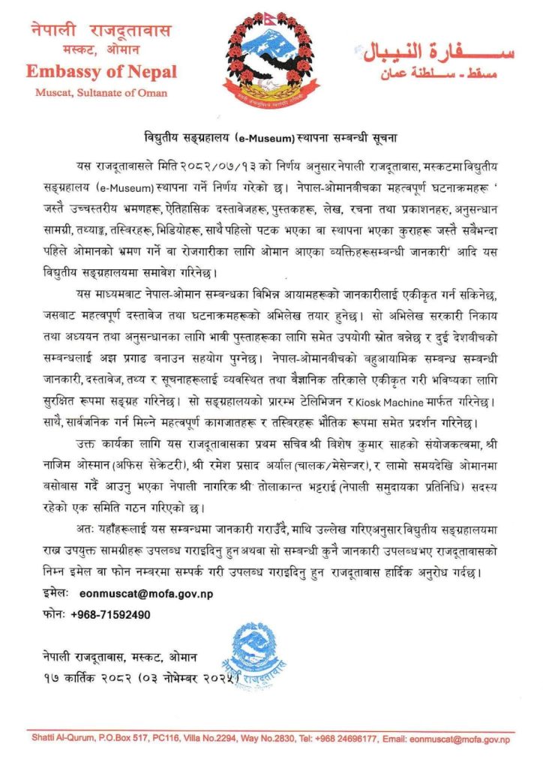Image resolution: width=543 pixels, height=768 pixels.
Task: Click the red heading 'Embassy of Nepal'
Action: click(x=101, y=72)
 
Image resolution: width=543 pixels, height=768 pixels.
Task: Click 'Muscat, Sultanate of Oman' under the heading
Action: click(x=101, y=93)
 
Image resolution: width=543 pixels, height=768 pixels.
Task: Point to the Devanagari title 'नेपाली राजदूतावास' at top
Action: click(x=101, y=31)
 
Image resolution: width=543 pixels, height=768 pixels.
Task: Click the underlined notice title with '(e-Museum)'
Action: click(x=271, y=139)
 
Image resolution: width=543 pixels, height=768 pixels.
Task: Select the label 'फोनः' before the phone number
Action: click(x=54, y=614)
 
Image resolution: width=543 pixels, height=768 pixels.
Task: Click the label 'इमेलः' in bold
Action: click(x=55, y=593)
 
